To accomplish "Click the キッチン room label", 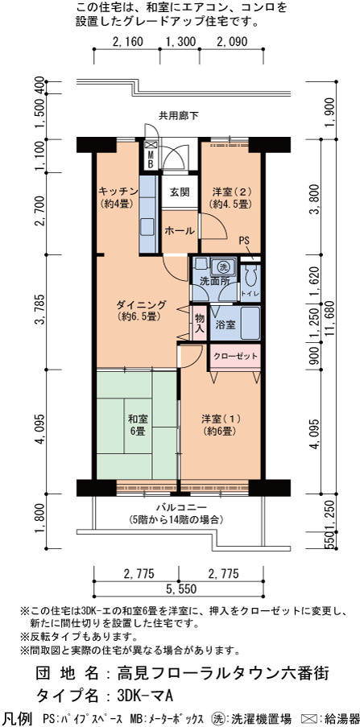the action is [x=118, y=191].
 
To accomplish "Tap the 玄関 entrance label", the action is [x=179, y=191].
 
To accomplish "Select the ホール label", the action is [x=179, y=230].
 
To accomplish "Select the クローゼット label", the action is [x=234, y=357].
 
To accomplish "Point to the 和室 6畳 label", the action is [x=139, y=425].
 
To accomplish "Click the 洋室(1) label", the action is [x=221, y=419].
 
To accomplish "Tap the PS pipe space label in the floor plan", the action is [x=244, y=241].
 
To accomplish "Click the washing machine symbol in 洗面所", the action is [x=223, y=267].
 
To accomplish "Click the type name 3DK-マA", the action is [x=145, y=696].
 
